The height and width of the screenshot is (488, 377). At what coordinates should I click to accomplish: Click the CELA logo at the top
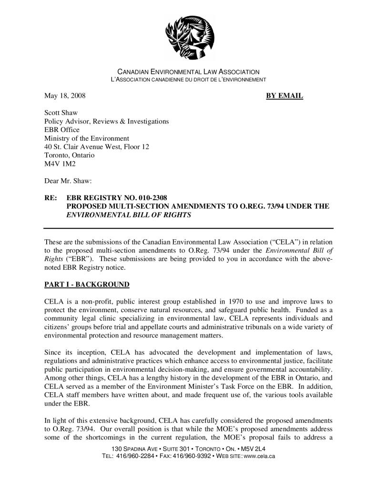189,37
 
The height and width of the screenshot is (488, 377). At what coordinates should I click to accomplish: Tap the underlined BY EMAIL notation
284,96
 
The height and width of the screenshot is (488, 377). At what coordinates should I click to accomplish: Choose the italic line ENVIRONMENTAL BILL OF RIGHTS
128,215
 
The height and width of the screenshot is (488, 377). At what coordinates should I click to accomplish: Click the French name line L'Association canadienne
188,79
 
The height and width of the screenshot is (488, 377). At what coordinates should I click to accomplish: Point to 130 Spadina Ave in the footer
132,449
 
